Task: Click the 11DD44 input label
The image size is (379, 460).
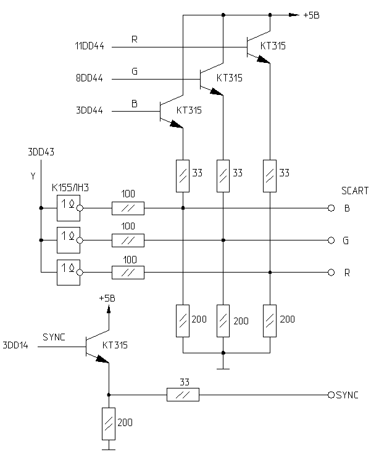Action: [x=89, y=46]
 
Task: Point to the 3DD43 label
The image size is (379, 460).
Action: [x=41, y=151]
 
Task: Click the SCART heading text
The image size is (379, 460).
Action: [x=354, y=191]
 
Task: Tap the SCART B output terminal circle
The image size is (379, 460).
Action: [x=331, y=208]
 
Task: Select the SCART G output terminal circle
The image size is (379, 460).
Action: [x=331, y=240]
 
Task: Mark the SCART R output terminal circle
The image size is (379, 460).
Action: [x=331, y=272]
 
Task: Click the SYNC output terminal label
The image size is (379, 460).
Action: [x=348, y=395]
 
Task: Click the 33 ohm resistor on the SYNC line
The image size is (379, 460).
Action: [x=183, y=395]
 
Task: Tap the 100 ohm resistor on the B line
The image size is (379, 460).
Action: [x=128, y=208]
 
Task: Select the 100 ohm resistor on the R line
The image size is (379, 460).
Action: [x=128, y=272]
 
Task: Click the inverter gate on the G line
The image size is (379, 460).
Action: [x=68, y=240]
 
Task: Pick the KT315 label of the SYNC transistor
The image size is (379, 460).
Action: [x=115, y=346]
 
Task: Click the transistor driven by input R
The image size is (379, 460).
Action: [x=253, y=46]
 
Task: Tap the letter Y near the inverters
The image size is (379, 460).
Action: [x=33, y=176]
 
